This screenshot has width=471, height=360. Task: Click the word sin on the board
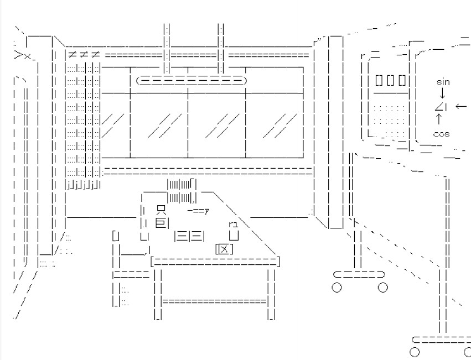point(443,82)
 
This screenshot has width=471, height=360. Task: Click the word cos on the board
point(441,134)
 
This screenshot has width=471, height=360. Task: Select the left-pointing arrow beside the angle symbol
point(460,106)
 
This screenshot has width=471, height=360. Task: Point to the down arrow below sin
point(442,94)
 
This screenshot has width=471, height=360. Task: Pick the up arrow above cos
point(439,118)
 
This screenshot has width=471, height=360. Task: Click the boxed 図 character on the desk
point(224,249)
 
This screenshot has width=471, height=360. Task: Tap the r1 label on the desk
point(233,224)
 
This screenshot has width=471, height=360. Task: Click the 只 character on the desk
point(161,210)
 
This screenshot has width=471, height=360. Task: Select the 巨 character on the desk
point(161,223)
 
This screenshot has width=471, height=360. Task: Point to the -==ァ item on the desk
point(198,210)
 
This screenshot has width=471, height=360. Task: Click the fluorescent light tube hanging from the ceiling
point(191,81)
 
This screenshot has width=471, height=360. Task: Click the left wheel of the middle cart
point(337,287)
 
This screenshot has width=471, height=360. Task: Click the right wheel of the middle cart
point(382,287)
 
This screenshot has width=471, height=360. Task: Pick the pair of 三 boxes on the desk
point(189,236)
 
